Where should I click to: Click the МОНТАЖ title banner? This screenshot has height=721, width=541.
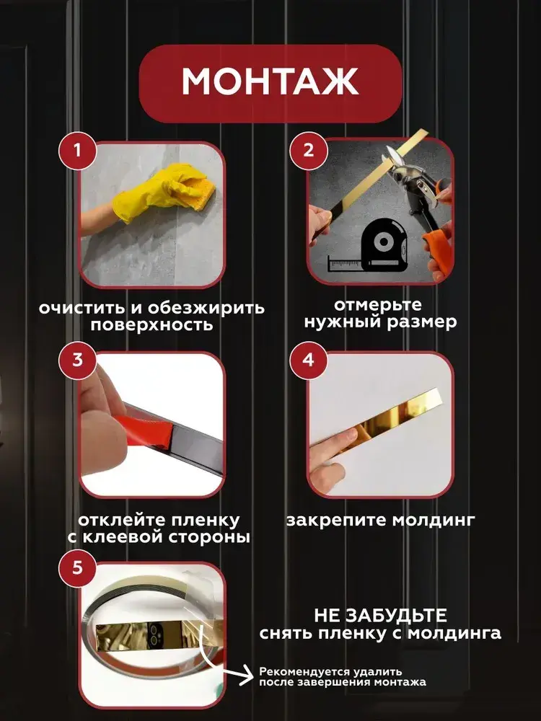270,83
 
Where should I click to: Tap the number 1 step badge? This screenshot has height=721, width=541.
77,151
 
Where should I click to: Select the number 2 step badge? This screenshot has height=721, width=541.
308,151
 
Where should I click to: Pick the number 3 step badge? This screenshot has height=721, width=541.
77,360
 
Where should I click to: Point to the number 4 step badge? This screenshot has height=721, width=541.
308,360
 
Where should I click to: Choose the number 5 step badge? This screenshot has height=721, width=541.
77,568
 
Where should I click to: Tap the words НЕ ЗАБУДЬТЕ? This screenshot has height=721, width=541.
380,615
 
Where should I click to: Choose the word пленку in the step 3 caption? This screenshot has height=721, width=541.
205,521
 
